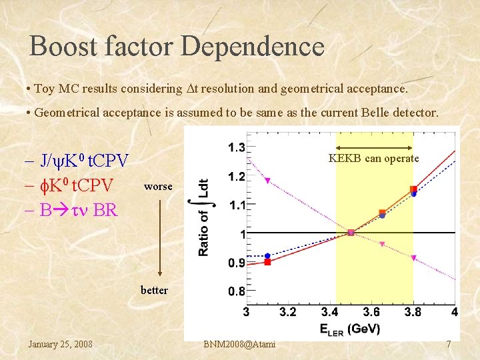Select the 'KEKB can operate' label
click(x=374, y=159)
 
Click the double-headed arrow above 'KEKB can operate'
click(x=374, y=147)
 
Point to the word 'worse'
click(x=158, y=187)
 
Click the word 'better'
click(x=154, y=290)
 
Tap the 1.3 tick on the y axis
click(x=236, y=147)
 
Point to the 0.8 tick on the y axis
click(x=236, y=291)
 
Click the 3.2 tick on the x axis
click(x=288, y=312)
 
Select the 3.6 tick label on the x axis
click(x=371, y=312)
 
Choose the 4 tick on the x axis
click(x=454, y=312)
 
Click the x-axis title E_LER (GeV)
click(x=350, y=328)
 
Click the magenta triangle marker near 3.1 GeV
click(x=267, y=181)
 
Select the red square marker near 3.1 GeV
click(x=267, y=262)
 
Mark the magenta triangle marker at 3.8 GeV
click(x=413, y=258)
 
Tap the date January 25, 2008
click(x=60, y=344)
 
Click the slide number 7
click(x=449, y=344)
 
